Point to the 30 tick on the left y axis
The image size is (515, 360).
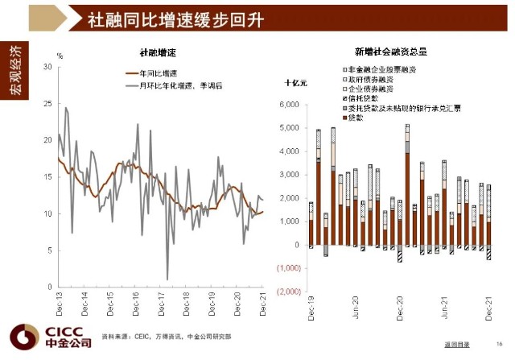point(47,67)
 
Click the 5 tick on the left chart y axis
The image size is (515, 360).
point(50,250)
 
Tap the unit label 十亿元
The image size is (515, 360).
point(296,83)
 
